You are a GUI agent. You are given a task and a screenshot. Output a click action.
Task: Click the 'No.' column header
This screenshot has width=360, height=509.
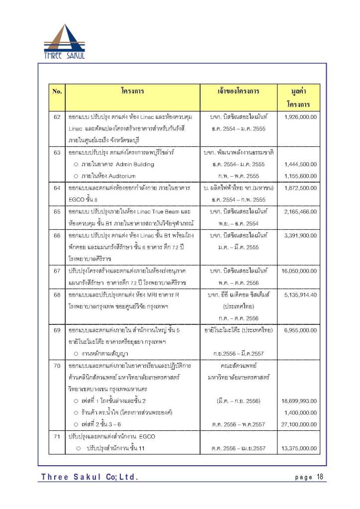[x=57, y=92]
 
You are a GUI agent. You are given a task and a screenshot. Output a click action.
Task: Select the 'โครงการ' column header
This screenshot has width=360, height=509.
[x=132, y=92]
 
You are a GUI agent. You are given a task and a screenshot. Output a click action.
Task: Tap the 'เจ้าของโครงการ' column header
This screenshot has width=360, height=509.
[x=239, y=92]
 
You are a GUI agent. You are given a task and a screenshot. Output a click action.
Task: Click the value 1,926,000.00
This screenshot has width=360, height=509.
[x=301, y=116]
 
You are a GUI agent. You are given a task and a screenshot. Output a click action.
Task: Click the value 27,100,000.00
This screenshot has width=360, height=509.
[x=299, y=424]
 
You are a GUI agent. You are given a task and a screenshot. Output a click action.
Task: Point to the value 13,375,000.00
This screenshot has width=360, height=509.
[x=299, y=448]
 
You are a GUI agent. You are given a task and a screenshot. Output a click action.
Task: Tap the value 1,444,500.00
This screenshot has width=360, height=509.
[x=301, y=164]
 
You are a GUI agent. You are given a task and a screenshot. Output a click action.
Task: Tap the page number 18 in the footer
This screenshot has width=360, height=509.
[x=319, y=477]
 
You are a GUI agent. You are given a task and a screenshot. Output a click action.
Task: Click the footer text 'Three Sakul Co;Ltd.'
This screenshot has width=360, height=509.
[x=90, y=478]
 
